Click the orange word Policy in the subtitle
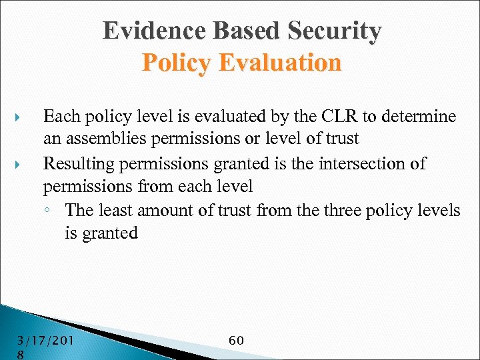point(175,63)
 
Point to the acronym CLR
point(337,117)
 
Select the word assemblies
point(102,140)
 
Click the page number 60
point(236,341)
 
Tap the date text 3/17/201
point(46,341)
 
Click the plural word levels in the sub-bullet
point(437,211)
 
